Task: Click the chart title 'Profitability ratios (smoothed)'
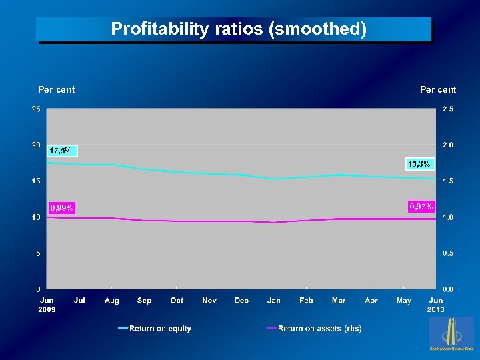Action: click(239, 29)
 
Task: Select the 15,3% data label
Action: click(419, 164)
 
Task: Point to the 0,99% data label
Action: click(61, 208)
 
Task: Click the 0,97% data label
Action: click(421, 207)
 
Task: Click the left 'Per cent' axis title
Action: click(57, 89)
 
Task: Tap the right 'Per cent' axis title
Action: click(438, 89)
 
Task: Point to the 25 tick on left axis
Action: click(35, 109)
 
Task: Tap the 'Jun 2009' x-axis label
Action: click(47, 305)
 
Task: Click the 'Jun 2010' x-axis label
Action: click(436, 305)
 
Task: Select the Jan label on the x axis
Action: click(273, 301)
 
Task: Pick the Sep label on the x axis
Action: click(144, 301)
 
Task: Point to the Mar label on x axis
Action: click(339, 301)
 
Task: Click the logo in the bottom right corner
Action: click(452, 333)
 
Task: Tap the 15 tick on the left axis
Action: click(35, 181)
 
